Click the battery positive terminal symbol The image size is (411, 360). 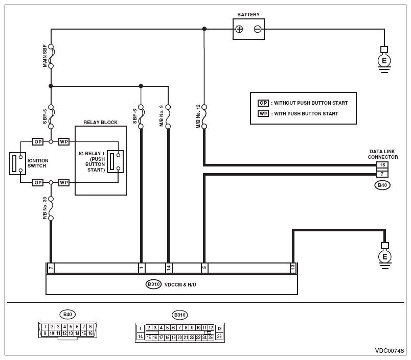(239, 29)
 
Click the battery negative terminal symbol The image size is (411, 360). (258, 29)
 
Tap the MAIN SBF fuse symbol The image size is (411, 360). (51, 56)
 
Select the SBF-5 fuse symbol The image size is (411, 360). (51, 117)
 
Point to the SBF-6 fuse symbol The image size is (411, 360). (141, 117)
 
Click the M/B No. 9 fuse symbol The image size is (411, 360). (168, 117)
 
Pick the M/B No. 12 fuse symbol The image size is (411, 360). (204, 117)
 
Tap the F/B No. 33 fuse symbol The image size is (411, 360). (51, 209)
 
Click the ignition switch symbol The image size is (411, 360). (17, 163)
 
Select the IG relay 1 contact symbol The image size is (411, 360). (116, 161)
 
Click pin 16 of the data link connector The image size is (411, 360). (382, 165)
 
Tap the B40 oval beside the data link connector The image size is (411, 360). (382, 185)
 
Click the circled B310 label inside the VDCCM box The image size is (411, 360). (153, 284)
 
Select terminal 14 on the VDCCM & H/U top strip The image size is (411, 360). (169, 268)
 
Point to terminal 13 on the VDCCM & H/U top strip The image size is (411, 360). (293, 268)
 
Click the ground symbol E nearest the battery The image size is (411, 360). (384, 60)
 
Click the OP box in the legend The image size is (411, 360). (263, 103)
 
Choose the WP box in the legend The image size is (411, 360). (263, 114)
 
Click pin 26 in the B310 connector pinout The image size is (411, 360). (219, 337)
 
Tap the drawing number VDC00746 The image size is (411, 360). (390, 351)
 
